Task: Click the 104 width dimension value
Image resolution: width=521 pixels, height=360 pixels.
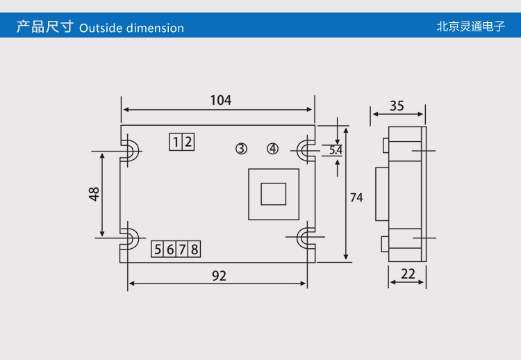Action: click(x=220, y=100)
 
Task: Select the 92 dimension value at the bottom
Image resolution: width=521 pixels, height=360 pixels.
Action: click(x=219, y=276)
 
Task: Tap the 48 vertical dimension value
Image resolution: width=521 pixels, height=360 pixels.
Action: click(x=94, y=194)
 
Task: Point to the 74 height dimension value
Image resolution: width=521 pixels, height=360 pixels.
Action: click(x=356, y=197)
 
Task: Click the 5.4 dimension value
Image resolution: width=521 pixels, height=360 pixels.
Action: click(x=336, y=150)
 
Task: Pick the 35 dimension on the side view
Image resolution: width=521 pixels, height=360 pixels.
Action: click(x=397, y=106)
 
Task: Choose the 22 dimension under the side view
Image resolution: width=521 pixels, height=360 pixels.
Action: click(x=408, y=274)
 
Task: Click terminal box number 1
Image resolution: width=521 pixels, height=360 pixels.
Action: click(x=176, y=142)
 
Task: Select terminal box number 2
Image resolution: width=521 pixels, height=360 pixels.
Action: click(x=188, y=142)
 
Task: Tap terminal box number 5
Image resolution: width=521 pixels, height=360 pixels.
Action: click(x=158, y=249)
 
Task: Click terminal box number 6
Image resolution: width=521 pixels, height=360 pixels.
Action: click(x=170, y=249)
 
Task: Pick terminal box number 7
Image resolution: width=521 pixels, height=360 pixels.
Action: click(x=182, y=249)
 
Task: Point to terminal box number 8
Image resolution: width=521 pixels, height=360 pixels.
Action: click(x=195, y=249)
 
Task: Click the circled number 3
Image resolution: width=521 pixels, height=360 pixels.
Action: click(x=241, y=149)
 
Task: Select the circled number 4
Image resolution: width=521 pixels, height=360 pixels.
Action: click(x=272, y=149)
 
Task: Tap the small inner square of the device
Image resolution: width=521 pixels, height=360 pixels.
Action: click(x=273, y=194)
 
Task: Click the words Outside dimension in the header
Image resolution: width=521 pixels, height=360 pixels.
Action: click(x=132, y=28)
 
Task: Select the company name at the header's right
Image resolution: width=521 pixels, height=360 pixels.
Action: click(x=470, y=27)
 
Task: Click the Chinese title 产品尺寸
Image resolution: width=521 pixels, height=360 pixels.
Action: click(x=44, y=27)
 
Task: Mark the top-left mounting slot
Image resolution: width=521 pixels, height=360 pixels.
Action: click(x=129, y=150)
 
